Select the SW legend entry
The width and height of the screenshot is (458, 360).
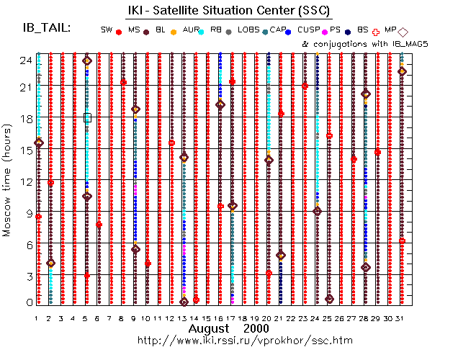[107, 30]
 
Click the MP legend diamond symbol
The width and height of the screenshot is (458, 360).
[403, 32]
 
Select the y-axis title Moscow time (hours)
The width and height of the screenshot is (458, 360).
[8, 180]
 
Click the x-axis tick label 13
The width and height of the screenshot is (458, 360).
[183, 318]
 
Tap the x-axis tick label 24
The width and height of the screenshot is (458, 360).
[317, 318]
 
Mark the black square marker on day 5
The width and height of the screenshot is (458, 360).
[87, 117]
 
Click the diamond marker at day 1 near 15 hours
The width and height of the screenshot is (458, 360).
[38, 143]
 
